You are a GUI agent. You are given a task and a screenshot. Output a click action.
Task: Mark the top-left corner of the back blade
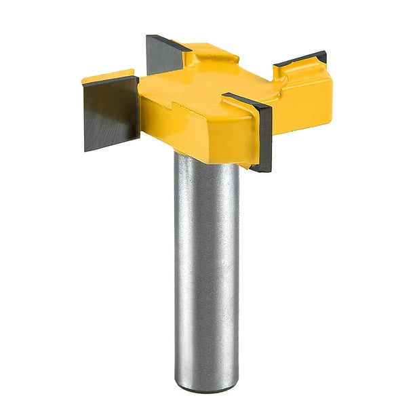[149, 36]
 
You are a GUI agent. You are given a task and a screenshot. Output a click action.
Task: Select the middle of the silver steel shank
[207, 271]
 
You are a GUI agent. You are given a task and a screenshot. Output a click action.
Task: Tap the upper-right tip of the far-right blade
[325, 53]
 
